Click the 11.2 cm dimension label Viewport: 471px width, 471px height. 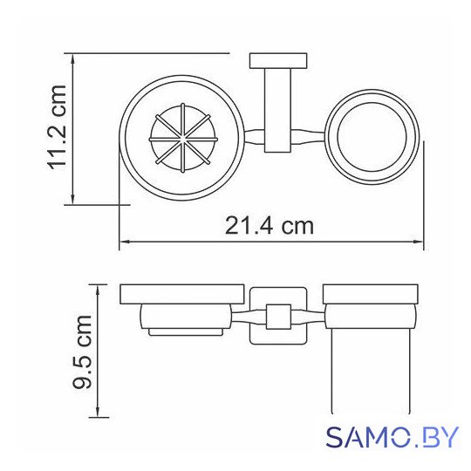tap(57, 127)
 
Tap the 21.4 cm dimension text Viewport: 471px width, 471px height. tap(270, 226)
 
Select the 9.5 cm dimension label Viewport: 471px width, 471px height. tap(82, 352)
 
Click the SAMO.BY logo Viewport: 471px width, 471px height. tap(392, 437)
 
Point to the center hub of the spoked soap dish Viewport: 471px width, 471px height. tap(182, 139)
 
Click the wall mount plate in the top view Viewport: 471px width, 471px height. tap(278, 61)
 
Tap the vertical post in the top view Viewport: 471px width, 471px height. tap(277, 111)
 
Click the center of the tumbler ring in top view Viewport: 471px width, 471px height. tap(372, 136)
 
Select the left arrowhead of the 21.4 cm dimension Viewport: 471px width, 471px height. tap(124, 242)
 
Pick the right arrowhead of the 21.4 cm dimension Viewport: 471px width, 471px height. tap(419, 242)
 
